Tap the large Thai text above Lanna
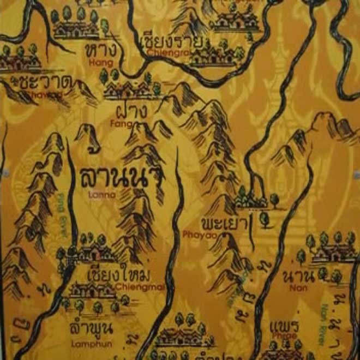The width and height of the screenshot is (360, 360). (121, 178)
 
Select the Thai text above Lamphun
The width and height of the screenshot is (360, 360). (91, 329)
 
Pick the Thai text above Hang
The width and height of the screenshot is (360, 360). (102, 50)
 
